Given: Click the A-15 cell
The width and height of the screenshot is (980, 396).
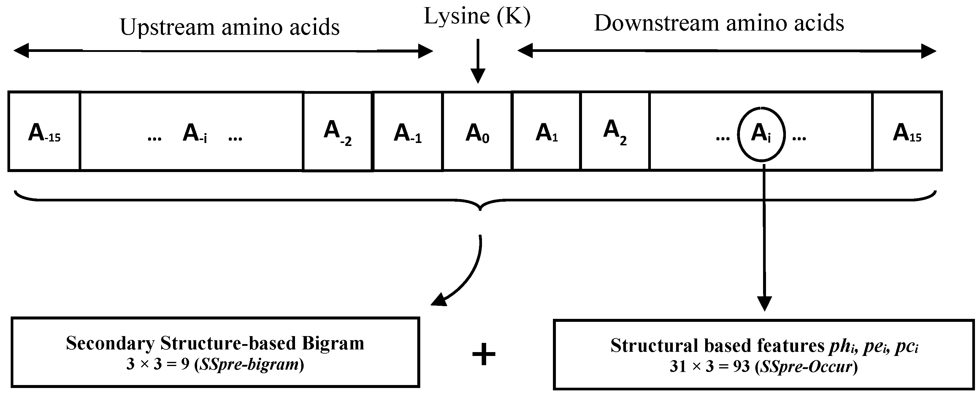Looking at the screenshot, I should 44,131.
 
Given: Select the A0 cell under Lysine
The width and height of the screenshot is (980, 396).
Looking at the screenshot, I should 477,131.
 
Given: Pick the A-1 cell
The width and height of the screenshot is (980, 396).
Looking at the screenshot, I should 407,131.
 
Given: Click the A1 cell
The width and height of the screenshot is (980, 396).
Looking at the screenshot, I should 546,131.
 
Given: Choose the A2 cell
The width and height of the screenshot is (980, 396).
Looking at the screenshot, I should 614,131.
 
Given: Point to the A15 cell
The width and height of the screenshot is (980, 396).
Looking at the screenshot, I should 907,131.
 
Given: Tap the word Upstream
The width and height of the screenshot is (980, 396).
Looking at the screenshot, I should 167,27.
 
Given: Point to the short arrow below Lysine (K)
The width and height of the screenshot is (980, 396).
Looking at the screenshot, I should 478,61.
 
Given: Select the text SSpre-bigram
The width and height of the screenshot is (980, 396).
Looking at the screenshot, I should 249,365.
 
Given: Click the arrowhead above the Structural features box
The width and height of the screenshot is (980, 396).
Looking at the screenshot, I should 764,303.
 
